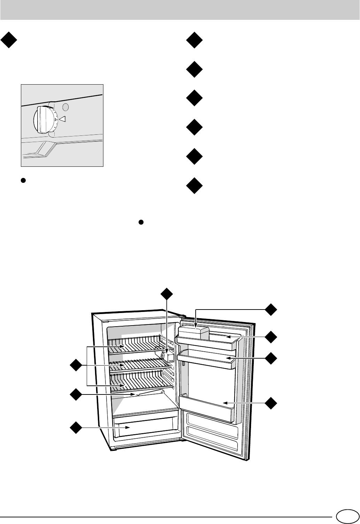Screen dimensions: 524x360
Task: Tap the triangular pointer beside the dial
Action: [62, 119]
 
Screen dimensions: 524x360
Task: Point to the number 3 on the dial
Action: [55, 119]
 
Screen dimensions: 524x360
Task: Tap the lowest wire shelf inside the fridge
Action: [139, 381]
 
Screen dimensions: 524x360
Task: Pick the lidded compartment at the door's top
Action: [193, 331]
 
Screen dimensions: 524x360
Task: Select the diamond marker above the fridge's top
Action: [167, 295]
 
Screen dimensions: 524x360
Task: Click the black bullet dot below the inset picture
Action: [23, 180]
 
